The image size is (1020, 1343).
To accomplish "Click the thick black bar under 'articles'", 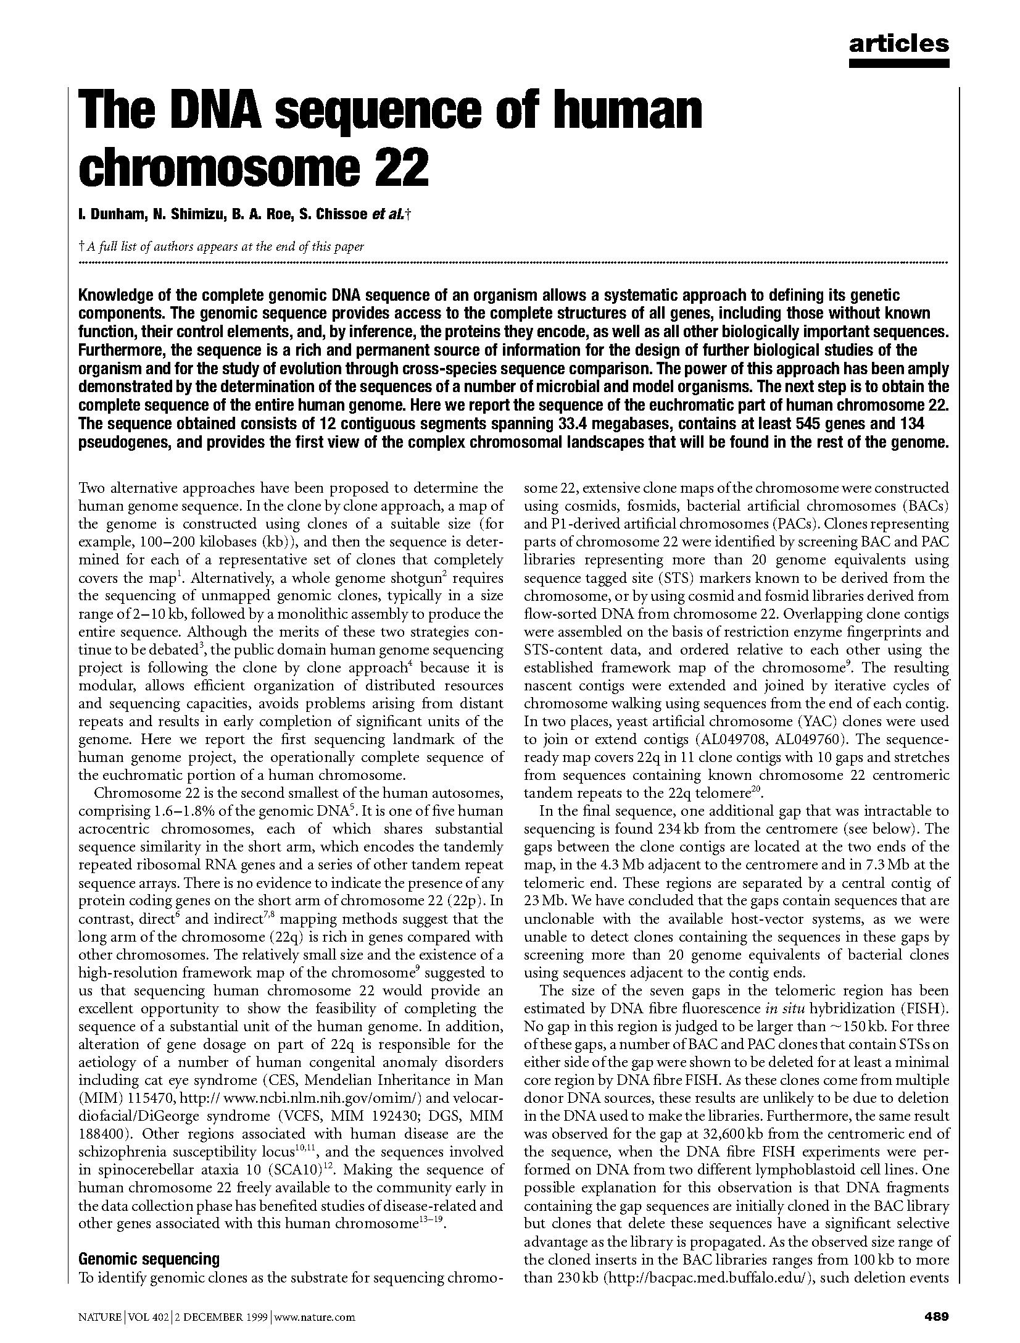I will pyautogui.click(x=898, y=62).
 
